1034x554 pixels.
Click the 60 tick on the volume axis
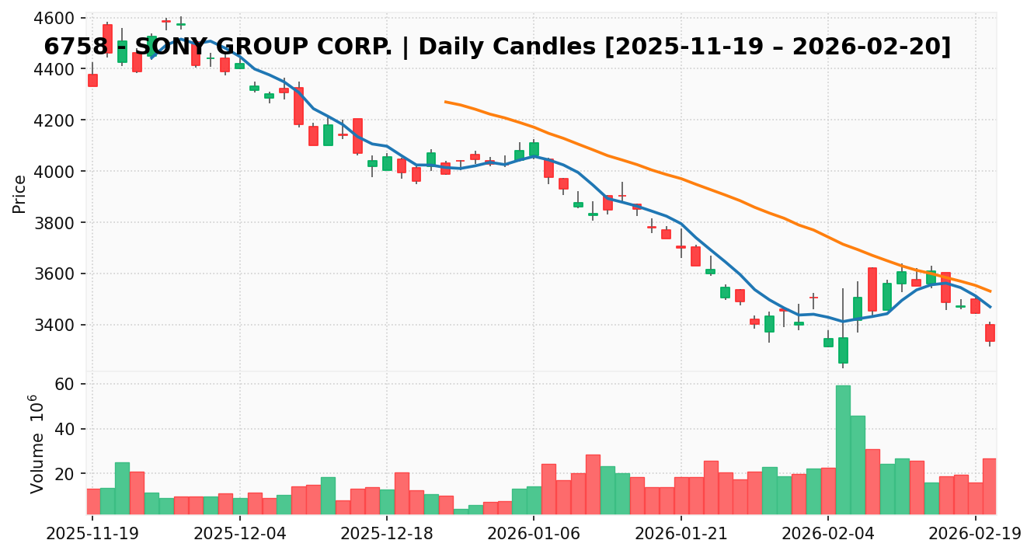pos(64,385)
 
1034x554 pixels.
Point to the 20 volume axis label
pos(64,474)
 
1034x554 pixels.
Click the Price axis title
pos(19,193)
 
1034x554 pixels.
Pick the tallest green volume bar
pos(843,450)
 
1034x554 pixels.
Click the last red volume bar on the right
pos(990,486)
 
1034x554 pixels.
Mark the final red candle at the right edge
pos(990,333)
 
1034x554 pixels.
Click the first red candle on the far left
pos(92,80)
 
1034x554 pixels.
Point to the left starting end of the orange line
pos(445,102)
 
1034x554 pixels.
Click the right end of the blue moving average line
pos(990,307)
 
